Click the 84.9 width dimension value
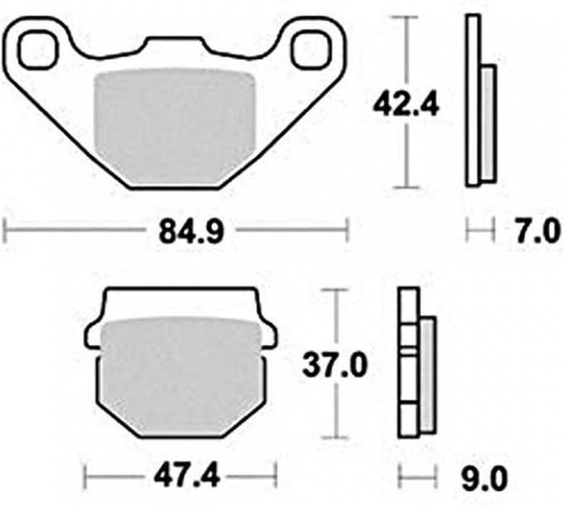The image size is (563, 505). [x=191, y=231]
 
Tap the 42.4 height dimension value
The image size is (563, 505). [x=406, y=105]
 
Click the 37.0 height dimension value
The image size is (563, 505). [x=335, y=366]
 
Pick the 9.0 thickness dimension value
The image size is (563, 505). [x=484, y=478]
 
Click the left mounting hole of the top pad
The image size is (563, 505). [x=38, y=50]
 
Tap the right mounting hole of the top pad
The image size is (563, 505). [x=310, y=50]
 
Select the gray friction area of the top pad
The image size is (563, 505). [x=175, y=127]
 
